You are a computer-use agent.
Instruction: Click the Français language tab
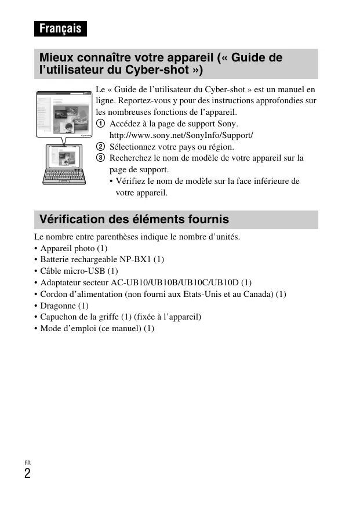(x=60, y=28)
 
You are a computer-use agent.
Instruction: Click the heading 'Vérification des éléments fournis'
(x=134, y=220)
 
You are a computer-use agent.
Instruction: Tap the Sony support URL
(x=181, y=135)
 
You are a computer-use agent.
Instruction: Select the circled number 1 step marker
(x=101, y=124)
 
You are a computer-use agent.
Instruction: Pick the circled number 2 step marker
(x=101, y=147)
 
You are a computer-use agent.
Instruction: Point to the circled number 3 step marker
(x=101, y=158)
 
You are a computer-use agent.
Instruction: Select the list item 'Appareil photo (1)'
(x=74, y=248)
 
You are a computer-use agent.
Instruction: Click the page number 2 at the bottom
(x=28, y=473)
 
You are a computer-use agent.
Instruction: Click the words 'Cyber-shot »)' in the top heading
(x=164, y=70)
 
